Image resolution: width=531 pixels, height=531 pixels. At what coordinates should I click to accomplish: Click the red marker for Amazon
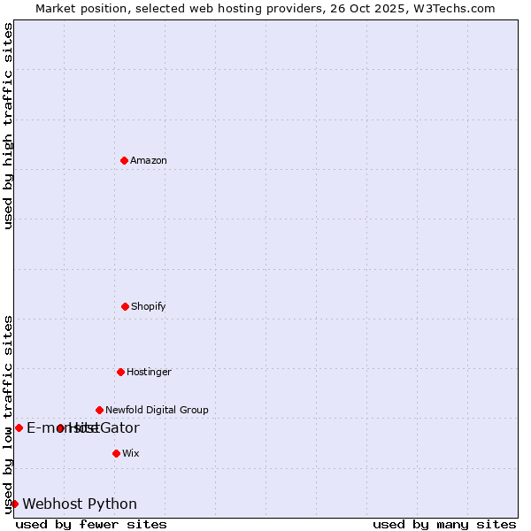click(124, 160)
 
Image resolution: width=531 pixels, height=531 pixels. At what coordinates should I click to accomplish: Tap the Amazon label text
click(149, 161)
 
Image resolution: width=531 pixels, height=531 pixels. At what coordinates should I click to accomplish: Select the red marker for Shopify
click(125, 306)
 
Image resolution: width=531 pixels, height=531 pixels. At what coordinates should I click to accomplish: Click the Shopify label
click(149, 307)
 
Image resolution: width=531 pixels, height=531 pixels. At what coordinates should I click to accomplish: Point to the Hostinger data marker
click(120, 372)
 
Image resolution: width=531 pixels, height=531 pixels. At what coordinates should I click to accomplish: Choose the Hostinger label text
click(149, 373)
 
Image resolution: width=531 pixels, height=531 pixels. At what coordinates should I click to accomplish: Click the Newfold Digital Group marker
click(99, 410)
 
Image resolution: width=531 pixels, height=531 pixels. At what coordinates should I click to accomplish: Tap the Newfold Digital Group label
click(157, 411)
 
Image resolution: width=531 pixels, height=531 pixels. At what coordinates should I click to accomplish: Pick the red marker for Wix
click(116, 453)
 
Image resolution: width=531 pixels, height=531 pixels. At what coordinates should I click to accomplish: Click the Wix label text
click(131, 454)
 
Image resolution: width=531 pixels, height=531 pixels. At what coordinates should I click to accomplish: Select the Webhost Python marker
click(14, 504)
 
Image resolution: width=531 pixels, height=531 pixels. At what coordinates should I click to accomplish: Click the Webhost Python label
click(80, 504)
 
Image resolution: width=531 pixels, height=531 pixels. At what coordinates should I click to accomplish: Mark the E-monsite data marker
click(19, 427)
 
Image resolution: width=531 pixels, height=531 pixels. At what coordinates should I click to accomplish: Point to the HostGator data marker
click(60, 428)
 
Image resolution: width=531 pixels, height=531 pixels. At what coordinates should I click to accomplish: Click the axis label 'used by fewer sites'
click(91, 525)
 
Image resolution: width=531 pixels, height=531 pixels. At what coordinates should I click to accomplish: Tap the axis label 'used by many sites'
click(444, 525)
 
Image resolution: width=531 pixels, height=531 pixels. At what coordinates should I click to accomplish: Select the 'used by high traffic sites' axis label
click(9, 126)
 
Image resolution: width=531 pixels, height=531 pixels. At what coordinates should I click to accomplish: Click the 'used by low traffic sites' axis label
click(9, 414)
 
